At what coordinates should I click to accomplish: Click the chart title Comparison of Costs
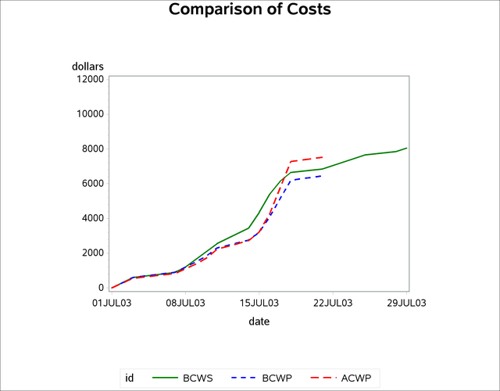250,10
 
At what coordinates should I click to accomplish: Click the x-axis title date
259,321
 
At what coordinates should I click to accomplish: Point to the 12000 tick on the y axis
87,78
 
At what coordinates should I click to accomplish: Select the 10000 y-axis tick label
87,113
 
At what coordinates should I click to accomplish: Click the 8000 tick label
90,149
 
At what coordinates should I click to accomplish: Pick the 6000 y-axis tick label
90,183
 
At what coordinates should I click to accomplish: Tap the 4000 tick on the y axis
90,218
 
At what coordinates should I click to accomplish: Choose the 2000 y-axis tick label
90,253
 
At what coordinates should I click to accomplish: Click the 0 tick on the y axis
100,288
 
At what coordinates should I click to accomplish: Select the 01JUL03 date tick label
111,303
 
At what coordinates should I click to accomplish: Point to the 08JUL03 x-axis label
185,303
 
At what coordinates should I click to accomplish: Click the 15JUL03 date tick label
259,303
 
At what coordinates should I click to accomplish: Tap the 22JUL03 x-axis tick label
333,303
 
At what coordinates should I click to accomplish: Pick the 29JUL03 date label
407,303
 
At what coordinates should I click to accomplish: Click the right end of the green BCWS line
407,148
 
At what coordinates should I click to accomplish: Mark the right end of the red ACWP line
323,157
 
